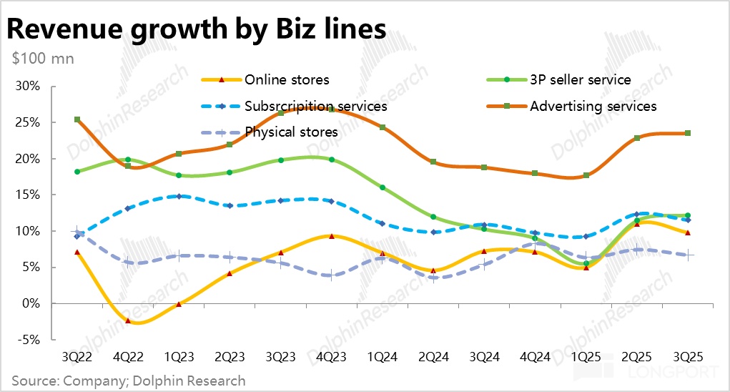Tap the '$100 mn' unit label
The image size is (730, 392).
(x=43, y=58)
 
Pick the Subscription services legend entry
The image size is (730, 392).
(x=315, y=106)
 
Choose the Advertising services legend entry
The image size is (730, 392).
(x=593, y=106)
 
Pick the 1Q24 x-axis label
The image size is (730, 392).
(x=383, y=356)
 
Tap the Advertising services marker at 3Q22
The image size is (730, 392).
(x=77, y=119)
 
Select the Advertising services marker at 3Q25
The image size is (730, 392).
(x=687, y=133)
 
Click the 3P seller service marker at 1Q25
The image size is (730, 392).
(x=586, y=263)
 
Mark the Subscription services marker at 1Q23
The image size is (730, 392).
(x=179, y=196)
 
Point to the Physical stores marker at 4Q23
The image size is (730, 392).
(x=331, y=275)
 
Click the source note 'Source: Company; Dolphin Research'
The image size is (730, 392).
(x=128, y=381)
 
